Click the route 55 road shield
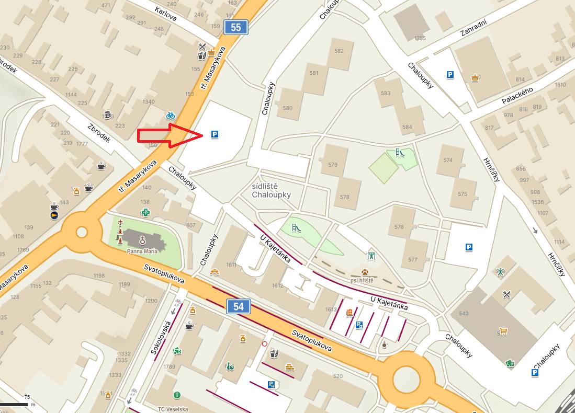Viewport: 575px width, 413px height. point(236,27)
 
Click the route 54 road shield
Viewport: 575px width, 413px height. point(239,306)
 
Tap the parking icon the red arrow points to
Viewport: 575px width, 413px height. point(215,135)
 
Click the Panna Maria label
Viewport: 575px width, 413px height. point(142,251)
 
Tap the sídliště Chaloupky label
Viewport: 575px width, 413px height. point(271,191)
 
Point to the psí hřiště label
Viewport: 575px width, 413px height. point(362,281)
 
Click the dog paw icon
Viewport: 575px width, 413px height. point(365,272)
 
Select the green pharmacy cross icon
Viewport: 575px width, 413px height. point(146,212)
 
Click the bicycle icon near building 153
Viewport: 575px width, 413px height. point(170,116)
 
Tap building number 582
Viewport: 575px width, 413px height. point(339,51)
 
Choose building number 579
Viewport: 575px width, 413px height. point(333,165)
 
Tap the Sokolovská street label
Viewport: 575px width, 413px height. point(161,338)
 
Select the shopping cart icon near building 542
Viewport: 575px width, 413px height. point(503,331)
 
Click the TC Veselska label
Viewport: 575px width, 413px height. point(173,409)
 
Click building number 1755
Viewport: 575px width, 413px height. point(420,38)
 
